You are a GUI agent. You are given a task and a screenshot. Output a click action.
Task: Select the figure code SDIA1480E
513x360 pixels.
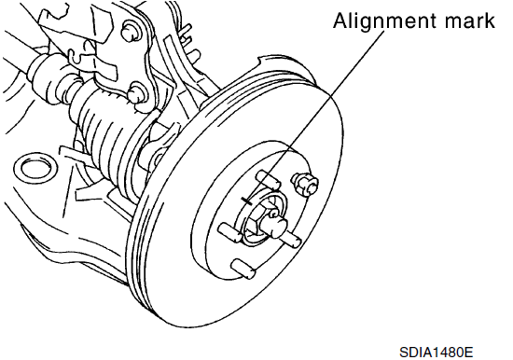pyautogui.click(x=437, y=353)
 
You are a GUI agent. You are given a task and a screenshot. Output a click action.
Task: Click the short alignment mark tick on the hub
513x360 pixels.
pyautogui.click(x=246, y=201)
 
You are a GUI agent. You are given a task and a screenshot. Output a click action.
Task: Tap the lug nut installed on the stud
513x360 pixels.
pyautogui.click(x=305, y=184)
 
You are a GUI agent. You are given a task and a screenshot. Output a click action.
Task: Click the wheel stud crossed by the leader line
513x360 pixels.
pyautogui.click(x=268, y=180)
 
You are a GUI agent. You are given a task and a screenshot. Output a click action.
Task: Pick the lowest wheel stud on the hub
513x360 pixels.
pyautogui.click(x=243, y=269)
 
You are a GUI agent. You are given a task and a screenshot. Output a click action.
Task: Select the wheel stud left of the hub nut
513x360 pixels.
pyautogui.click(x=229, y=231)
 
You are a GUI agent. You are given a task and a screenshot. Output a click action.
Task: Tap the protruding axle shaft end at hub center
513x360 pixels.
pyautogui.click(x=276, y=225)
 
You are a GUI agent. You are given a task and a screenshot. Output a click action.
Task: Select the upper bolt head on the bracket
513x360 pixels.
pyautogui.click(x=132, y=32)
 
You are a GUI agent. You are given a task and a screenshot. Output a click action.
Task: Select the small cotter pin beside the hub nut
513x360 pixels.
pyautogui.click(x=272, y=214)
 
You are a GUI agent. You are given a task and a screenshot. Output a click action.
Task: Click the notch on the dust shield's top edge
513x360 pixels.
pyautogui.click(x=261, y=62)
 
